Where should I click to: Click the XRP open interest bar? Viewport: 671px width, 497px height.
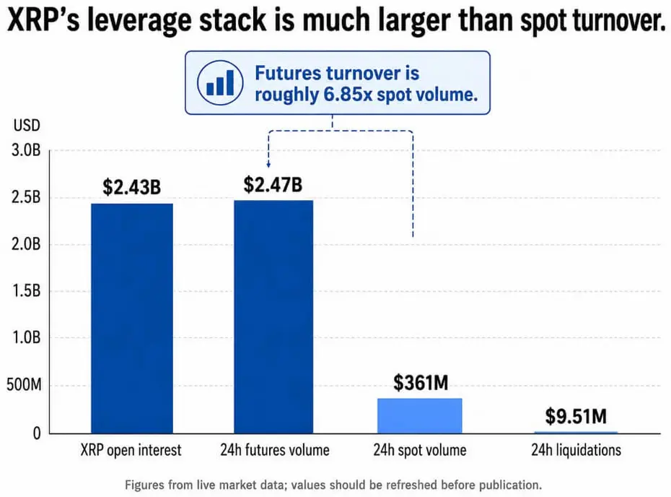[x=132, y=319]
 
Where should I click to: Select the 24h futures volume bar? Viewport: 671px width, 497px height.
[x=273, y=316]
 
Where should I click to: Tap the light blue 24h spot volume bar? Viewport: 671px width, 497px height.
[x=419, y=416]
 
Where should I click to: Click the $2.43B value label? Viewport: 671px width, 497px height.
[x=132, y=187]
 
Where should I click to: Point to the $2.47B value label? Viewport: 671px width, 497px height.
[x=273, y=185]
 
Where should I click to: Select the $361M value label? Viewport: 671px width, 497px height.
[x=421, y=383]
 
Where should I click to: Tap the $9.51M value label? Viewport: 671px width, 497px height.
[x=576, y=416]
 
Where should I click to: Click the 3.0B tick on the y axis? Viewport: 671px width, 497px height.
[x=26, y=150]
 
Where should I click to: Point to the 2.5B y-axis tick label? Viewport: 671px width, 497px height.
[x=26, y=197]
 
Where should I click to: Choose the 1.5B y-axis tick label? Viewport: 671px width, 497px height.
[x=26, y=291]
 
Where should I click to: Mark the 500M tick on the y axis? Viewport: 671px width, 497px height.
[x=24, y=385]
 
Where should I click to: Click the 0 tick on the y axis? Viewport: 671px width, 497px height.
[x=37, y=433]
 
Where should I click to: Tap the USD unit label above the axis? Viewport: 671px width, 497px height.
[x=27, y=126]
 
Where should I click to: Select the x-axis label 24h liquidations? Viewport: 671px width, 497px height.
[x=576, y=450]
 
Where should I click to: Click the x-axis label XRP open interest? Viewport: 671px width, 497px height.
[x=131, y=450]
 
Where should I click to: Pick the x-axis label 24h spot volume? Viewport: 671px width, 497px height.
[x=420, y=450]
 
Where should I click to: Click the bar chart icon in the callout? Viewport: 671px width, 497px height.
[x=220, y=82]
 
